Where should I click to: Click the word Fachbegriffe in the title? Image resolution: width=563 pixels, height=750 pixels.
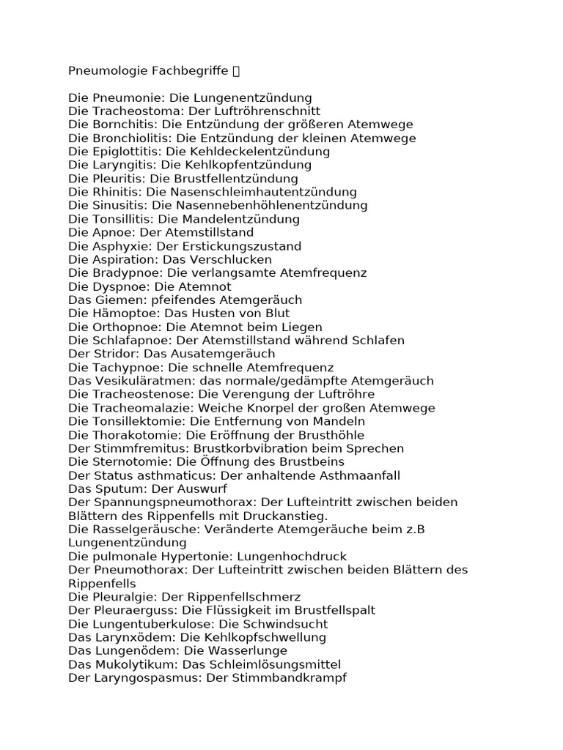[x=191, y=71]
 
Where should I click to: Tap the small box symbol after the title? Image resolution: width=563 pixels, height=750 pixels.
[x=235, y=71]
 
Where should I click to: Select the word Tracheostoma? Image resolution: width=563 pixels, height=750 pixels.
[x=131, y=111]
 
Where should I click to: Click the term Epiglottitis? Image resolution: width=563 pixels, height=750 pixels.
[x=125, y=152]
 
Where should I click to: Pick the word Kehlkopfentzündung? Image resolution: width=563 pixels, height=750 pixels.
[x=250, y=165]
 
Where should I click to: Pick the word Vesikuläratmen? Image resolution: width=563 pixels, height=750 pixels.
[x=137, y=381]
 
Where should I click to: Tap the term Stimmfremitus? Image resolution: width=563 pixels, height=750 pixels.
[x=139, y=448]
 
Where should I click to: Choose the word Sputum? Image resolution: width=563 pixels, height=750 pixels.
[x=117, y=489]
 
